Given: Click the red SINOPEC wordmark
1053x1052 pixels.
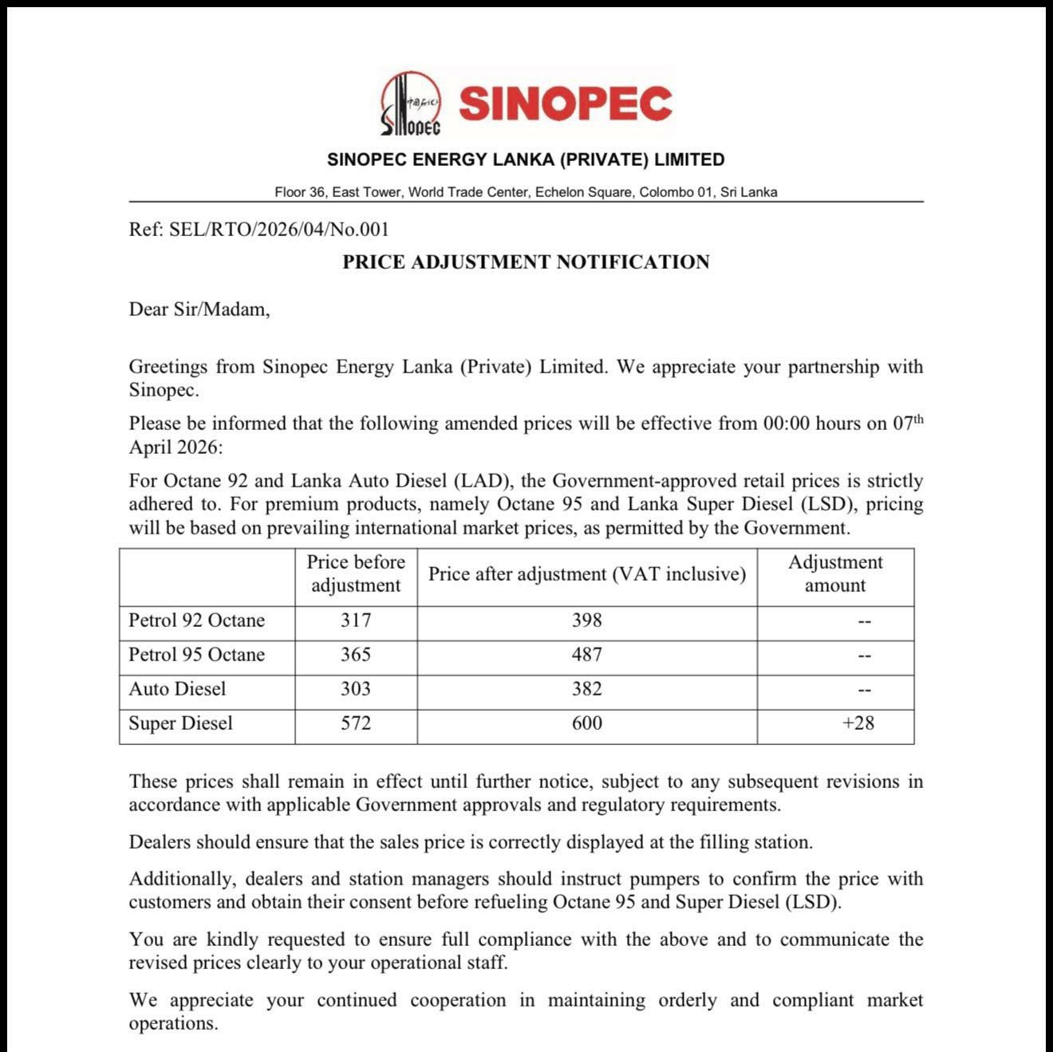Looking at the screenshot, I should (565, 104).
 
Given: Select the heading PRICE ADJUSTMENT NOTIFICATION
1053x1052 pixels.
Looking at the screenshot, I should (526, 262).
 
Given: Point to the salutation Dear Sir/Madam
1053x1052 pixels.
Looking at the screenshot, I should (199, 309).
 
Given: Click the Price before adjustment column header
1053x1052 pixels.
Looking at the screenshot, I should (356, 573).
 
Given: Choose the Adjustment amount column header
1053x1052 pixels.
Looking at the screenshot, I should (835, 573).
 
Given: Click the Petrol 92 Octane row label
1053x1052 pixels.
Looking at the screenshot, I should (196, 621).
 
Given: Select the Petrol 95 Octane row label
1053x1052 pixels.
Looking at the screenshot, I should (196, 655).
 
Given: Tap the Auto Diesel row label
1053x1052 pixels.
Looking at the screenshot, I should (177, 689).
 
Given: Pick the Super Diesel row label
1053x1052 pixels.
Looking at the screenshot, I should (180, 723).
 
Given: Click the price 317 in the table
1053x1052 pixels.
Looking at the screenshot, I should (356, 621).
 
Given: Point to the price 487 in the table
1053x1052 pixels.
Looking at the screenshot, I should (587, 655).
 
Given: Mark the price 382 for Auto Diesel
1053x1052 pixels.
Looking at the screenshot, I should (587, 689).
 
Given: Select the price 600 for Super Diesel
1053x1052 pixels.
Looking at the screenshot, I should (587, 723).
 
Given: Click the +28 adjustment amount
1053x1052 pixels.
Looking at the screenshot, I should (858, 723).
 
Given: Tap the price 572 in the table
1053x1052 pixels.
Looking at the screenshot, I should (356, 723).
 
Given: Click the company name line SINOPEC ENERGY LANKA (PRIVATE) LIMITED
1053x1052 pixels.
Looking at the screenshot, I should (526, 160).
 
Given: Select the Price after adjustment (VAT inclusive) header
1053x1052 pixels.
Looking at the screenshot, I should (587, 574).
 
